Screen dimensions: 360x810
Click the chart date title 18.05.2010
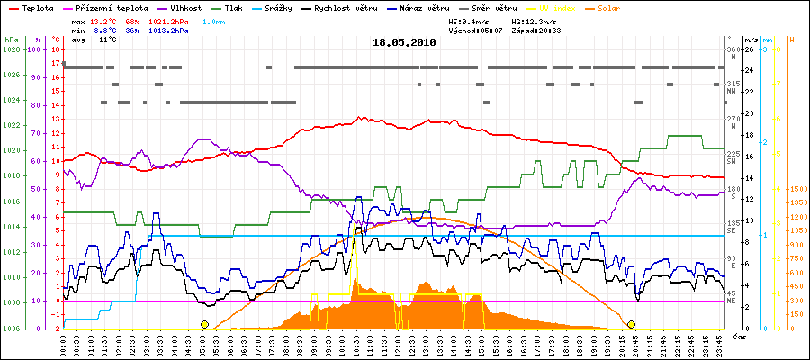click(404, 41)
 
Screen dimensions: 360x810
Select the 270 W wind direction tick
click(733, 119)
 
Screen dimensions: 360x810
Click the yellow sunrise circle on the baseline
click(205, 324)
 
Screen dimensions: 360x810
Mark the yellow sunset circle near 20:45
click(632, 324)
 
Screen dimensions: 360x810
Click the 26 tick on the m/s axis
click(749, 49)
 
